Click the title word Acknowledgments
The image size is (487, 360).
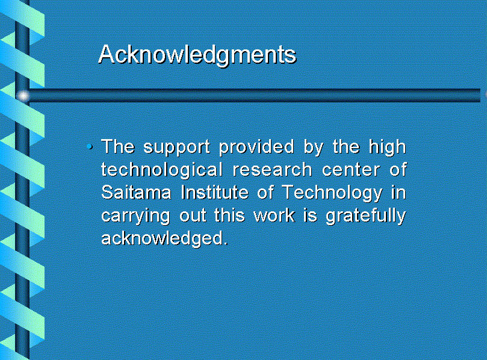pyautogui.click(x=197, y=55)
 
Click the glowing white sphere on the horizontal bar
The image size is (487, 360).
pyautogui.click(x=23, y=96)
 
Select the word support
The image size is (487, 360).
pyautogui.click(x=176, y=147)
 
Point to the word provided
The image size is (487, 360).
pyautogui.click(x=256, y=147)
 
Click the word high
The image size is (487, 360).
pyautogui.click(x=387, y=147)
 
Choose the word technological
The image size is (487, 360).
pyautogui.click(x=162, y=170)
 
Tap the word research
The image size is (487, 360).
pyautogui.click(x=272, y=170)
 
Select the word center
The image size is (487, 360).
pyautogui.click(x=351, y=170)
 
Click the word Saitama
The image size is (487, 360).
pyautogui.click(x=136, y=193)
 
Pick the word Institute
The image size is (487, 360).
pyautogui.click(x=215, y=192)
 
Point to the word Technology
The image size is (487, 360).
pyautogui.click(x=332, y=193)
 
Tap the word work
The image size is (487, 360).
pyautogui.click(x=274, y=216)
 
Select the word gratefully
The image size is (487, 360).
pyautogui.click(x=365, y=216)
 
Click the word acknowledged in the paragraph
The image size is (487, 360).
pyautogui.click(x=164, y=238)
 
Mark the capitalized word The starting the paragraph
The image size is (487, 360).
pyautogui.click(x=118, y=147)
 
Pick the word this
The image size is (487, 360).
pyautogui.click(x=229, y=216)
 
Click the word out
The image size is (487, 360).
pyautogui.click(x=193, y=216)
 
